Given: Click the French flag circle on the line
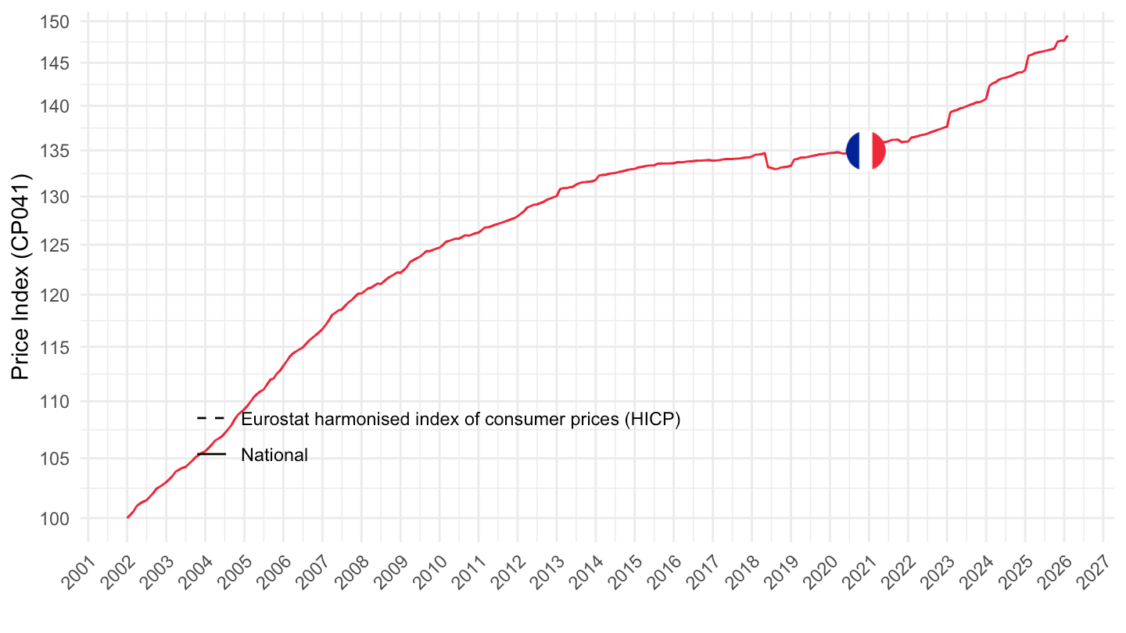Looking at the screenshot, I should tap(866, 151).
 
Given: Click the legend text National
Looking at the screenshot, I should tap(274, 455).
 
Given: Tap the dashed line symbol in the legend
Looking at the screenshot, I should tap(211, 419).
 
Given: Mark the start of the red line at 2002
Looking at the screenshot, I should tap(127, 517).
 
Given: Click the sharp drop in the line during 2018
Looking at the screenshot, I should tap(767, 160).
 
